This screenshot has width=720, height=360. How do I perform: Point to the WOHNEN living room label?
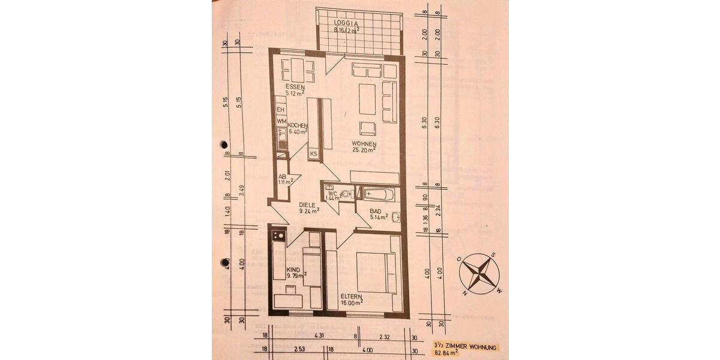click(364, 145)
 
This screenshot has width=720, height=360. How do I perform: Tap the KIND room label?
click(294, 269)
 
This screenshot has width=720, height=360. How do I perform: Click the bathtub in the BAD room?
click(378, 194)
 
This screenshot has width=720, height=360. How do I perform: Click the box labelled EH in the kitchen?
click(280, 110)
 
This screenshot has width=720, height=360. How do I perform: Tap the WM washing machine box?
click(281, 122)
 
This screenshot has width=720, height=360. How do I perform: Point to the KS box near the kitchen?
click(314, 154)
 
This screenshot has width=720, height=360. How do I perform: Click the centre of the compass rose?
click(479, 273)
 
